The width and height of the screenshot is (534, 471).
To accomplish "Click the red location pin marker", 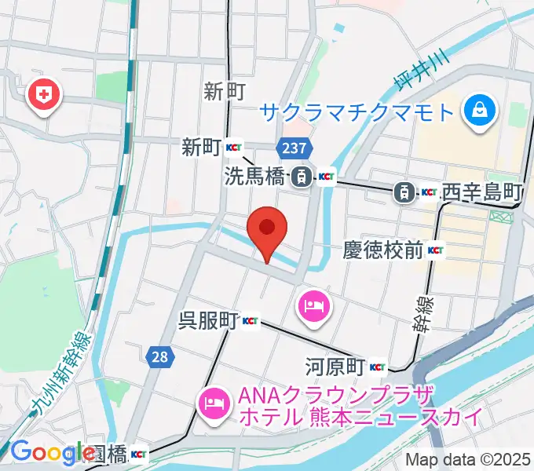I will pos(267,229).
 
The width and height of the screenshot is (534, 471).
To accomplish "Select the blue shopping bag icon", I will pos(477,109).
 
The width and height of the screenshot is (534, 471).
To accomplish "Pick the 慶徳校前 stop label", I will pos(383,251).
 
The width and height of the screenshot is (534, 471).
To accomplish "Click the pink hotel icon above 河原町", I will pos(314,302).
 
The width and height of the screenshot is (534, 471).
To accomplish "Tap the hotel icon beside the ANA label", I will pos(214,404).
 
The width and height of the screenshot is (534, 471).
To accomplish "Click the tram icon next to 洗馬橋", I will pos(300,178).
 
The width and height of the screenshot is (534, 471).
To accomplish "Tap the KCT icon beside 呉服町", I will pos(251,320).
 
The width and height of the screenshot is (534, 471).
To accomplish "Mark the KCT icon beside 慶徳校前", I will pos(436,251).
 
